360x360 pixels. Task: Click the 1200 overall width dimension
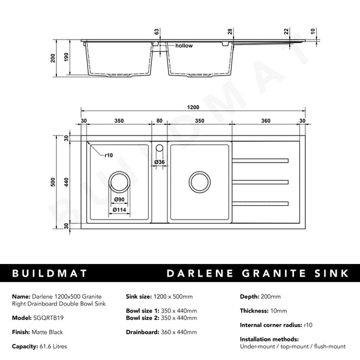coord(192,108)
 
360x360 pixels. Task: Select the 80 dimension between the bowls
coord(159,121)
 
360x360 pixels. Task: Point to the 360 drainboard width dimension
coord(266,121)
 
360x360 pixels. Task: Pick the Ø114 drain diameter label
coord(119,209)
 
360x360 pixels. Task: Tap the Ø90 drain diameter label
coord(119,199)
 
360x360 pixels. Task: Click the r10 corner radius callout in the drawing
coord(109,155)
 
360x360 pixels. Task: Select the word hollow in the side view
coord(184,46)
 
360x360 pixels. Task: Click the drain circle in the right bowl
coord(199,181)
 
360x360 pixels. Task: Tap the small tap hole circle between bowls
coord(160,148)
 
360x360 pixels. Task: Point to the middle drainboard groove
coord(260,181)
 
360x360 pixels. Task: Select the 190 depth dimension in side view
coord(67,58)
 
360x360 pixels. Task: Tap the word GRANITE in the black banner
coord(271,274)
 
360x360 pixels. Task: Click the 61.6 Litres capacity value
coord(58,346)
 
